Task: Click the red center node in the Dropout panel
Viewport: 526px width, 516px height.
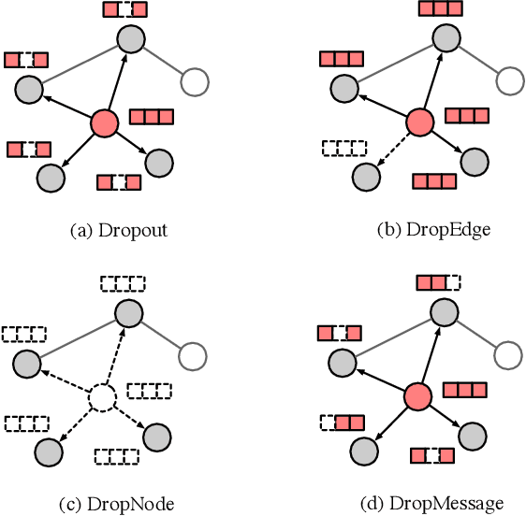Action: [104, 122]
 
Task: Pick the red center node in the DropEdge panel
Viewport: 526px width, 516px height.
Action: [419, 122]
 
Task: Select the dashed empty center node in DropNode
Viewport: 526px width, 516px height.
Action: [104, 398]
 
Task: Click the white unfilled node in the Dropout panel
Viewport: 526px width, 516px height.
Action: [197, 82]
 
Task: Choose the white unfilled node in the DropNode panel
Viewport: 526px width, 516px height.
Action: [192, 356]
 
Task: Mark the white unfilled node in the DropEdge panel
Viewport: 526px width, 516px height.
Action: [511, 82]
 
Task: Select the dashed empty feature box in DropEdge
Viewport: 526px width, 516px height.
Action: [343, 148]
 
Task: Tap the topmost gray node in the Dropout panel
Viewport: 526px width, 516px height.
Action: [130, 38]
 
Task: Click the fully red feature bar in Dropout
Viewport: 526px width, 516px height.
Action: [151, 117]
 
